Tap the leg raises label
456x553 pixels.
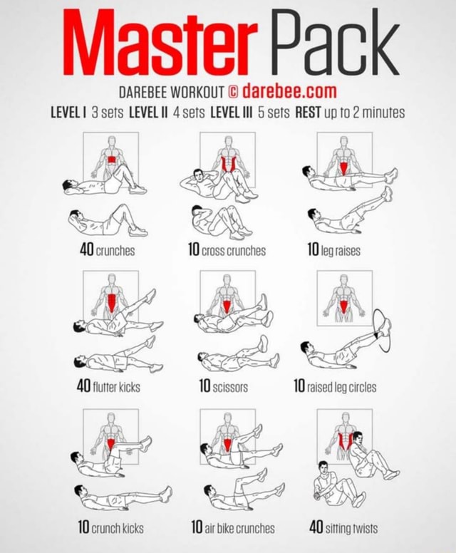343,250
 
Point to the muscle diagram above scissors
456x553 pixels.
227,295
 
